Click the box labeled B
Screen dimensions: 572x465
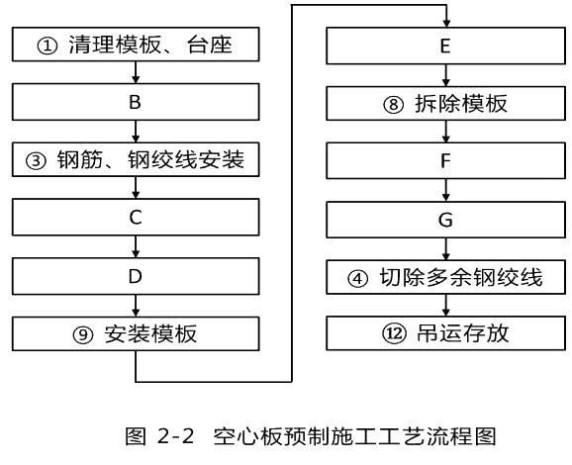click(x=136, y=102)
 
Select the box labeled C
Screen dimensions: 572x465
click(x=136, y=217)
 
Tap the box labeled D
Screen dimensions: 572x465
click(x=136, y=276)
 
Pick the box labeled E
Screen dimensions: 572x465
click(x=445, y=46)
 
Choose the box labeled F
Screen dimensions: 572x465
click(x=445, y=160)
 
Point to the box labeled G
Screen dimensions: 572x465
click(x=445, y=220)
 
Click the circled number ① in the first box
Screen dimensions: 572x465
click(x=48, y=46)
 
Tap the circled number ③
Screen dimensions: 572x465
click(x=36, y=161)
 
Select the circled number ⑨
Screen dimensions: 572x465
click(x=83, y=334)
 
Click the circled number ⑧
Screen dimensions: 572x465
click(x=393, y=105)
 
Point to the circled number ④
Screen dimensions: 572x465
click(x=357, y=279)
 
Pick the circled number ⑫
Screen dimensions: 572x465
click(x=394, y=333)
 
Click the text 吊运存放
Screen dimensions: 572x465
click(x=462, y=333)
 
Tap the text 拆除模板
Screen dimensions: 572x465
click(x=461, y=104)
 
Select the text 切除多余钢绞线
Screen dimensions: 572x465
click(x=461, y=278)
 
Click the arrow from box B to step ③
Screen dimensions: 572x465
click(x=136, y=132)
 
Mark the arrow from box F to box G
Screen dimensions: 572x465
click(x=445, y=190)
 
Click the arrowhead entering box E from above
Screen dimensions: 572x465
click(x=446, y=23)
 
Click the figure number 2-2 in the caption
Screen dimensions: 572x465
click(x=176, y=435)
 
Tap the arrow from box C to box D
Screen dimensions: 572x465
click(x=136, y=246)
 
